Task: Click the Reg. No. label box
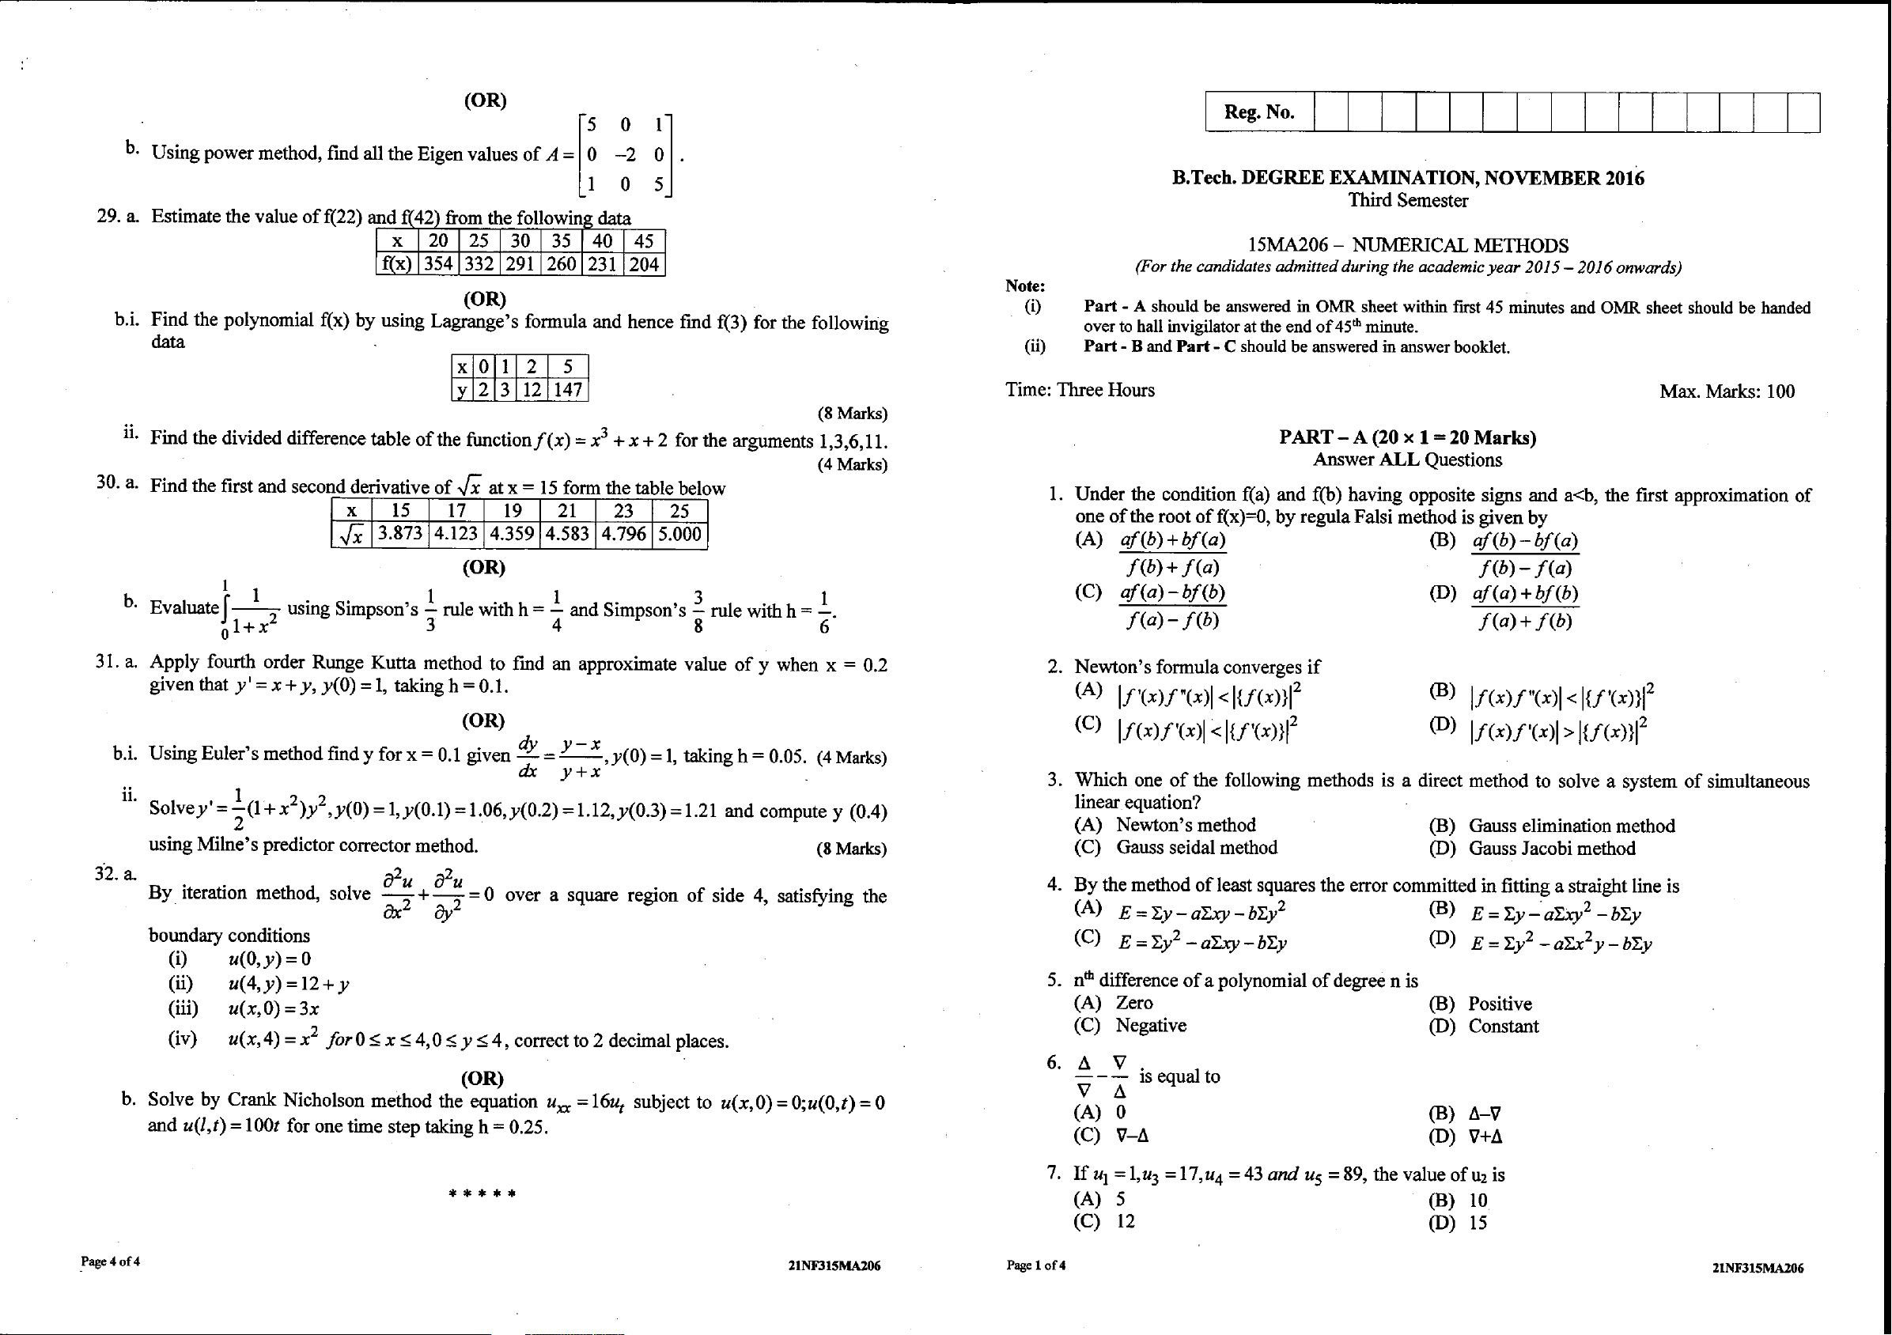pos(1259,112)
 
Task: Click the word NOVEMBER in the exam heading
pos(1542,178)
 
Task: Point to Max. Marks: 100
pos(1727,391)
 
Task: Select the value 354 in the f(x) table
pos(438,263)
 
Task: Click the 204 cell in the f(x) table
pos(645,263)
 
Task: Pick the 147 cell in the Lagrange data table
pos(568,389)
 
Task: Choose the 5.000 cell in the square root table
pos(679,534)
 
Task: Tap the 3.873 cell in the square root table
pos(399,534)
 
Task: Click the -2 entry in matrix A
pos(625,155)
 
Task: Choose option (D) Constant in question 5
pos(1502,1026)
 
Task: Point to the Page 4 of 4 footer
pos(111,1261)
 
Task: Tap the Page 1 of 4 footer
pos(1036,1265)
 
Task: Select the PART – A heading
pos(1407,437)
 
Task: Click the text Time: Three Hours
pos(1080,390)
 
